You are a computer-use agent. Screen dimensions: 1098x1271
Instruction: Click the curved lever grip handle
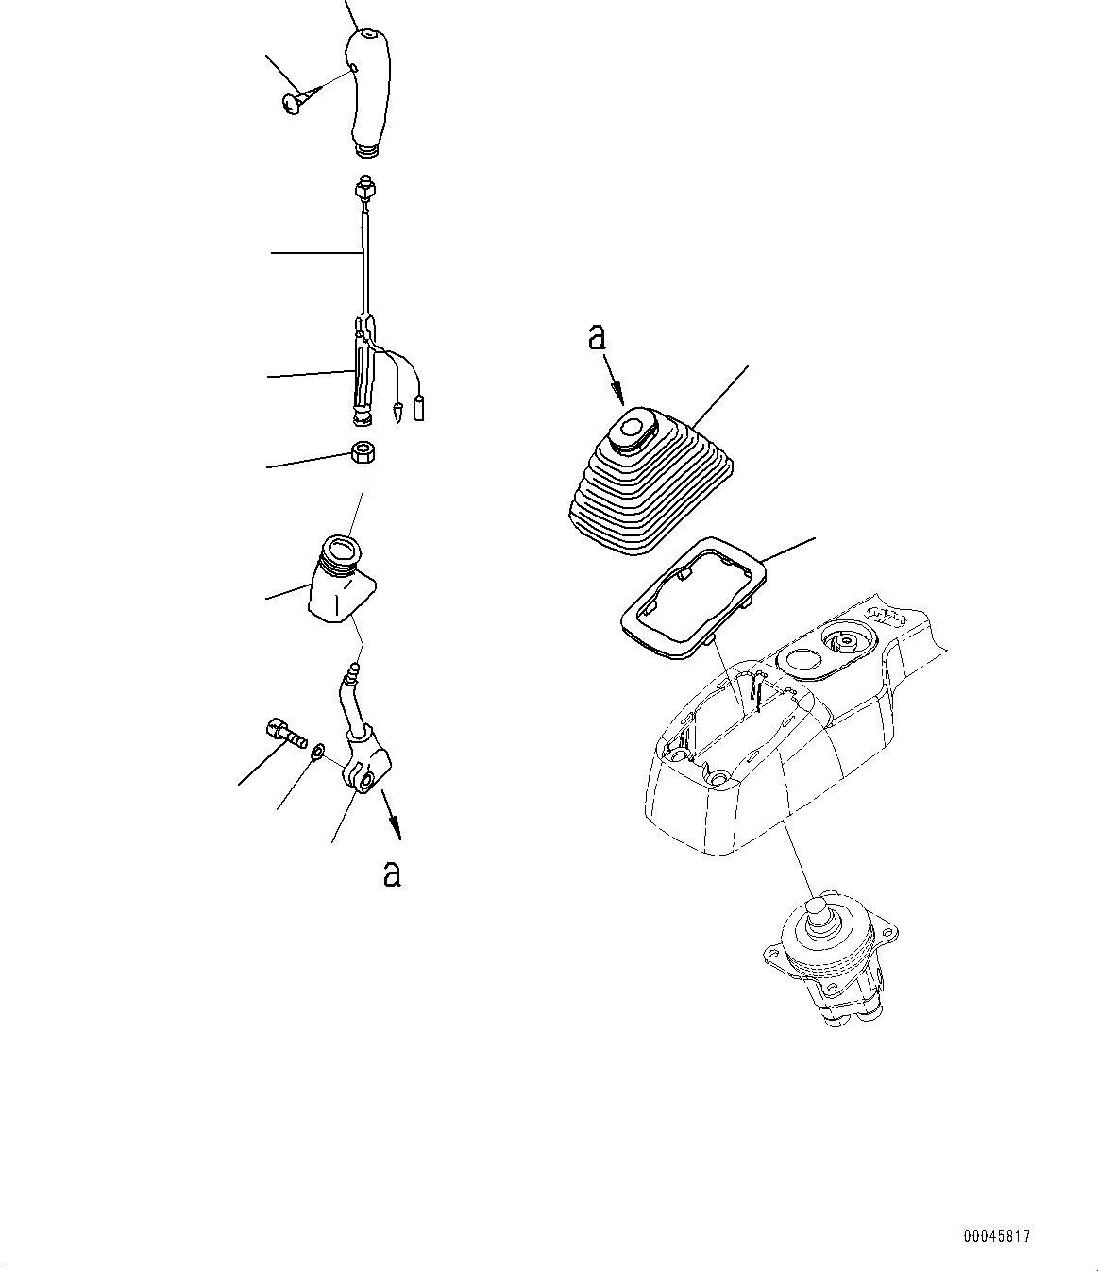(370, 93)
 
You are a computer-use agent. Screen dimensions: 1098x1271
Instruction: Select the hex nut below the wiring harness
(363, 453)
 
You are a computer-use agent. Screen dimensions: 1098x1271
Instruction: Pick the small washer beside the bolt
(318, 752)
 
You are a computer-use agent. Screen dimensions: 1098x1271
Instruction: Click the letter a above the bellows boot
(597, 338)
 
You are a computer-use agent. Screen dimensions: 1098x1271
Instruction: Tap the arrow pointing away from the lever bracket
(391, 814)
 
